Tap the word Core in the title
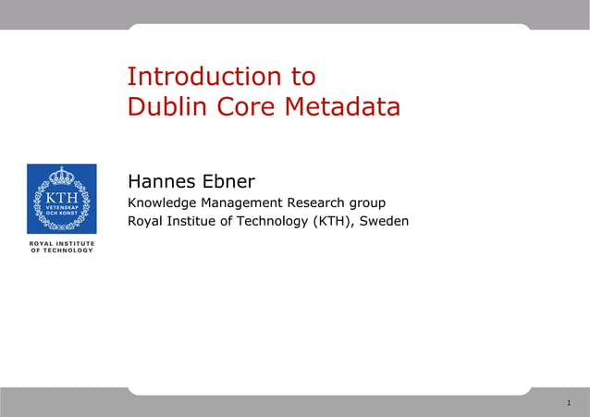tap(247, 107)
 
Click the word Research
tap(313, 202)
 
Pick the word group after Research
tap(367, 202)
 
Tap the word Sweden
tap(384, 221)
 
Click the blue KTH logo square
tap(61, 198)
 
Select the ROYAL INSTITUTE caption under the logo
tap(62, 243)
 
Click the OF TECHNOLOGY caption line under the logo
tap(62, 251)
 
